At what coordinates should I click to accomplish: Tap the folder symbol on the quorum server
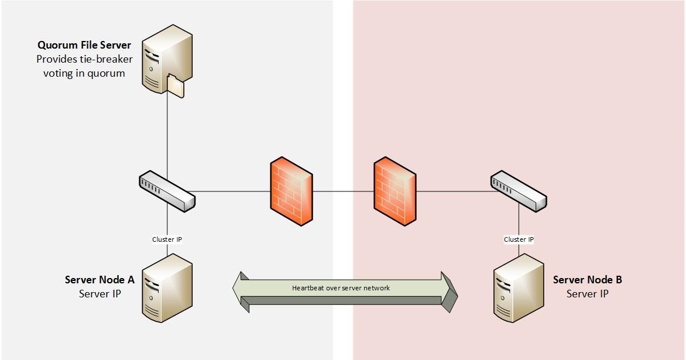point(175,87)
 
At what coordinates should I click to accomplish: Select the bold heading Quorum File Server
point(84,45)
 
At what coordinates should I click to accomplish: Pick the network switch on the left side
point(167,191)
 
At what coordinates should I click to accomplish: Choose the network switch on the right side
point(518,191)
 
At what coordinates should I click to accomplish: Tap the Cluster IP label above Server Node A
point(167,239)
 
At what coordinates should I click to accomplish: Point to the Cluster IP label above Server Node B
point(519,239)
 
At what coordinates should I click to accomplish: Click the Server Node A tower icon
point(167,289)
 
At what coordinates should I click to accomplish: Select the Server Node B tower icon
point(518,289)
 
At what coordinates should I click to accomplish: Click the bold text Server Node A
point(100,280)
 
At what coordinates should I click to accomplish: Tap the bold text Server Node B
point(587,280)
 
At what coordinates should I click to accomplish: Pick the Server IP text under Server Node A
point(100,294)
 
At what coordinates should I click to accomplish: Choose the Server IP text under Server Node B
point(587,294)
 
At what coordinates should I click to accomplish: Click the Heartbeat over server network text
point(341,288)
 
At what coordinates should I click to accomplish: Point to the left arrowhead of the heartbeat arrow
point(240,287)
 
